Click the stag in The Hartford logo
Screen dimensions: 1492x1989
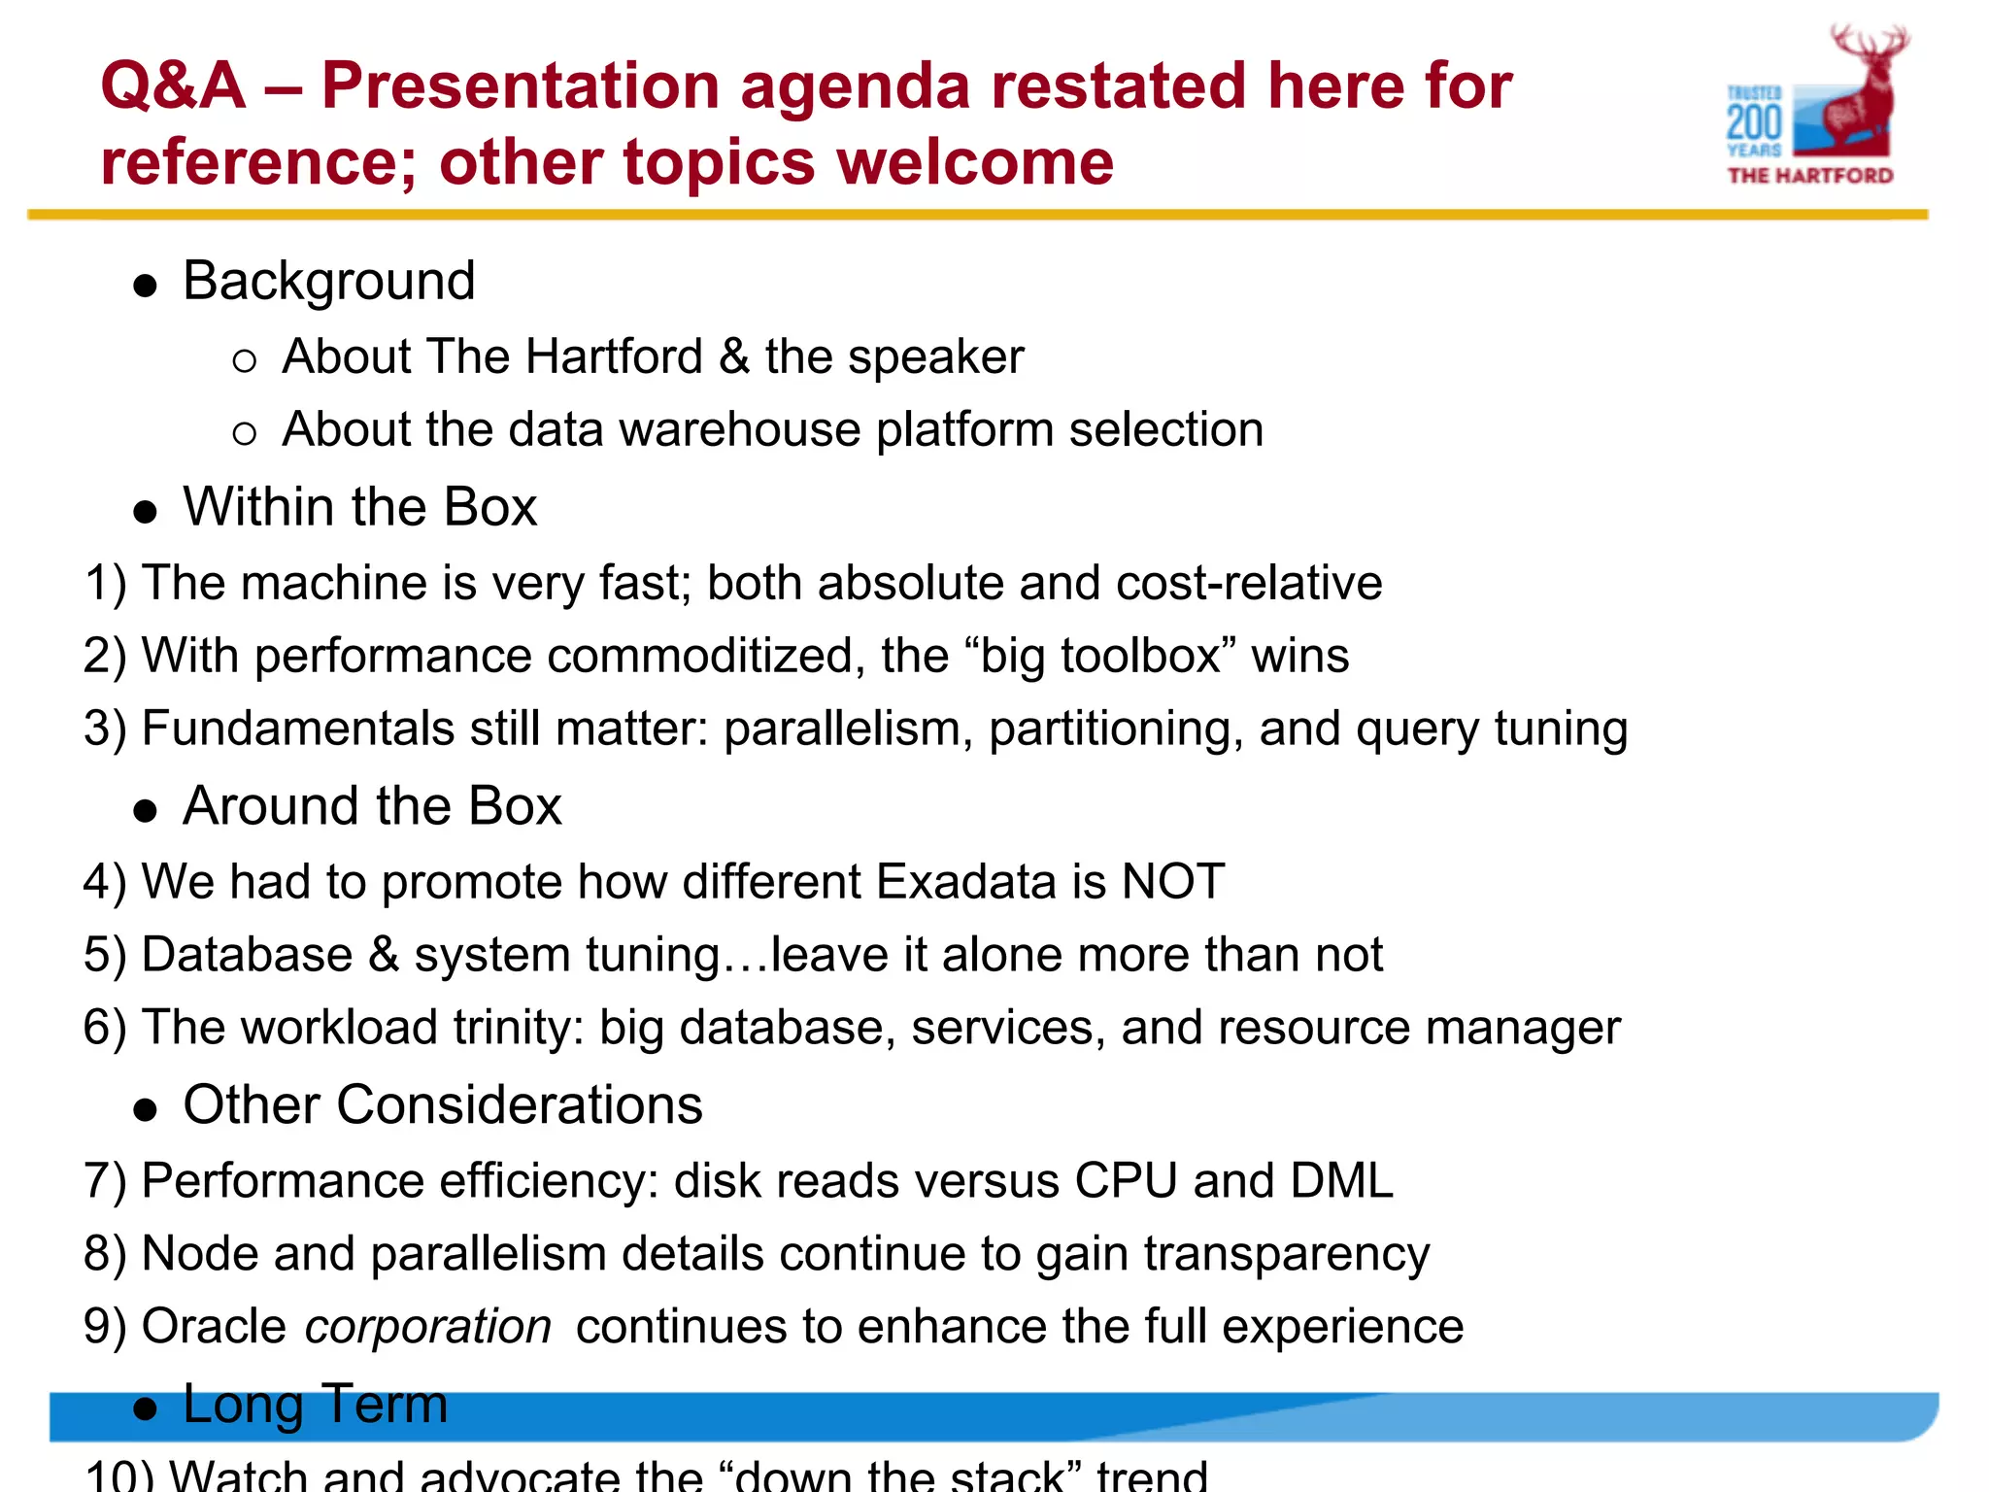(1860, 92)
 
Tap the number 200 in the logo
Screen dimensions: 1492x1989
(1754, 123)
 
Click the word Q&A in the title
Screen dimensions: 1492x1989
(173, 85)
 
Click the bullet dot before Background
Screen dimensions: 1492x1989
(146, 286)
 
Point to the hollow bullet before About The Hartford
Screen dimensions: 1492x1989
(245, 361)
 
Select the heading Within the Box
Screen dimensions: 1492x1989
(359, 507)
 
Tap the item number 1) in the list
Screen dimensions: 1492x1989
(105, 583)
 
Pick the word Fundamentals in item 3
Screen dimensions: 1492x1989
(297, 729)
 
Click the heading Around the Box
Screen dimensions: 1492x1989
(372, 806)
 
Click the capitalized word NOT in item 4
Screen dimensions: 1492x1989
(1172, 882)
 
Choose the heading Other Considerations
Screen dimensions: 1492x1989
(442, 1105)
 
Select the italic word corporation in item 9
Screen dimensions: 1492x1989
(428, 1328)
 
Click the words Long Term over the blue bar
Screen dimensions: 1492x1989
(315, 1405)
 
